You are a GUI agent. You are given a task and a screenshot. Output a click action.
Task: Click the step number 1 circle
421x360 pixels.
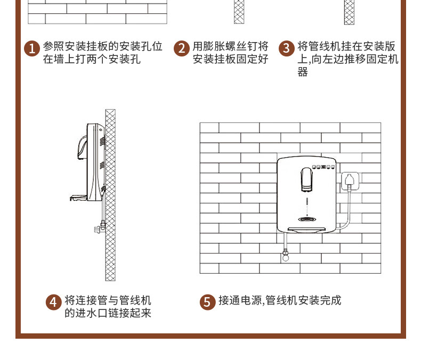32,48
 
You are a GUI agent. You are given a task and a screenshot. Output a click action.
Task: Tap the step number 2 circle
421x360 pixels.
182,48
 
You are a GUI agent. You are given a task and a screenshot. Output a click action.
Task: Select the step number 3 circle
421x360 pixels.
287,48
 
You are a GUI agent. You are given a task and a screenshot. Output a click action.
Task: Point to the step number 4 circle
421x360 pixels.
53,302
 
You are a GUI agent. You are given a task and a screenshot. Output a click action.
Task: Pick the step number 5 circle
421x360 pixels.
207,302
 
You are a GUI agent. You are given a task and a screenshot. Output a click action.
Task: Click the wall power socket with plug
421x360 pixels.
350,182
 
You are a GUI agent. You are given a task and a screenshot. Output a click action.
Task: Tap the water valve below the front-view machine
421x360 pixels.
286,255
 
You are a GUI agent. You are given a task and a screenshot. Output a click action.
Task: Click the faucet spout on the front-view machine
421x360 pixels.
306,179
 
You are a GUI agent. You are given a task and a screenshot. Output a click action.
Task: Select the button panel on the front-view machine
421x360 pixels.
323,167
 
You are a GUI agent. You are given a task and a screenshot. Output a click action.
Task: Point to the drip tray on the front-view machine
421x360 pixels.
306,230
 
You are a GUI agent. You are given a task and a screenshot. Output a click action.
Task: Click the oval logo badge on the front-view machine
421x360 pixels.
307,219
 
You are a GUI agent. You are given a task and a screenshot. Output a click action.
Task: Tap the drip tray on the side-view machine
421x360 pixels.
79,198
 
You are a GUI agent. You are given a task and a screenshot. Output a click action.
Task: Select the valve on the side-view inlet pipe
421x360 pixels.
100,227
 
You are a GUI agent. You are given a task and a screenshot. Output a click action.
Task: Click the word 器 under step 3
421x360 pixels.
303,72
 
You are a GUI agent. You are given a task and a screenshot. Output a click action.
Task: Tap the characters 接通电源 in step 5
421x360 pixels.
240,300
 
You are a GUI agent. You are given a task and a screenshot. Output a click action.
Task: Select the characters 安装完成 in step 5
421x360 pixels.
320,300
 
